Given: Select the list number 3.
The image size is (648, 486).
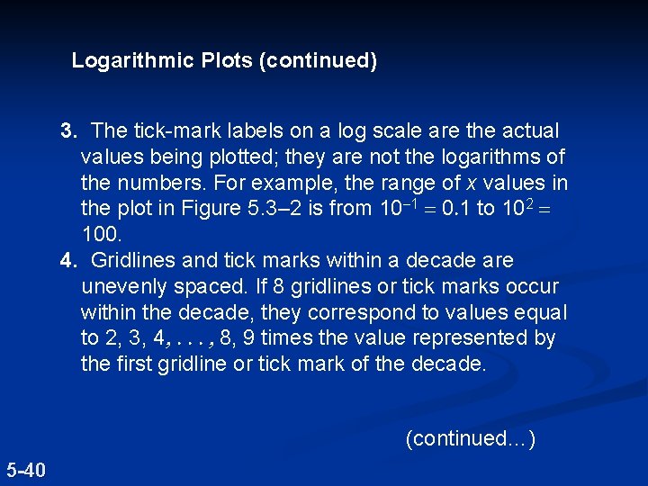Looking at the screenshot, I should (68, 131).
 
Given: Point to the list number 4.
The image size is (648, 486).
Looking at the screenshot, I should (68, 261).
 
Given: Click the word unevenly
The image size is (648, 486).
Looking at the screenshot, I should (121, 287).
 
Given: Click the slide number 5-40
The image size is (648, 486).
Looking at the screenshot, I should (27, 469).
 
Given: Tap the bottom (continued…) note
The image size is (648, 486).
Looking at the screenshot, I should (471, 438).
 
